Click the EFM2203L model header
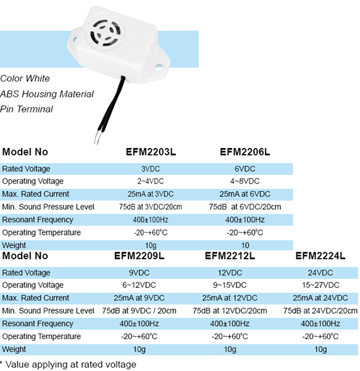point(151,152)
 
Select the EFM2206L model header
point(245,152)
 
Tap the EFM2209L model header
point(139,256)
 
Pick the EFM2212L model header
point(230,256)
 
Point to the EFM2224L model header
point(320,256)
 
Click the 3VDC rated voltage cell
point(150,169)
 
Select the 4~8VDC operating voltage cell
point(245,181)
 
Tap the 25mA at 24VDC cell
point(320,298)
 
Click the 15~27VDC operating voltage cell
point(320,285)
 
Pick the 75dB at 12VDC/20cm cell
point(230,310)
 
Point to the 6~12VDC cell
point(139,285)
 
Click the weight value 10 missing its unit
point(245,245)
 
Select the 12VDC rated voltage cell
point(230,273)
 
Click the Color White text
point(25,79)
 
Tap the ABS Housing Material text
point(47,94)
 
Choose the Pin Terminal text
point(26,109)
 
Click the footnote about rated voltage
point(68,364)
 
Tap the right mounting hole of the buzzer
point(158,67)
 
